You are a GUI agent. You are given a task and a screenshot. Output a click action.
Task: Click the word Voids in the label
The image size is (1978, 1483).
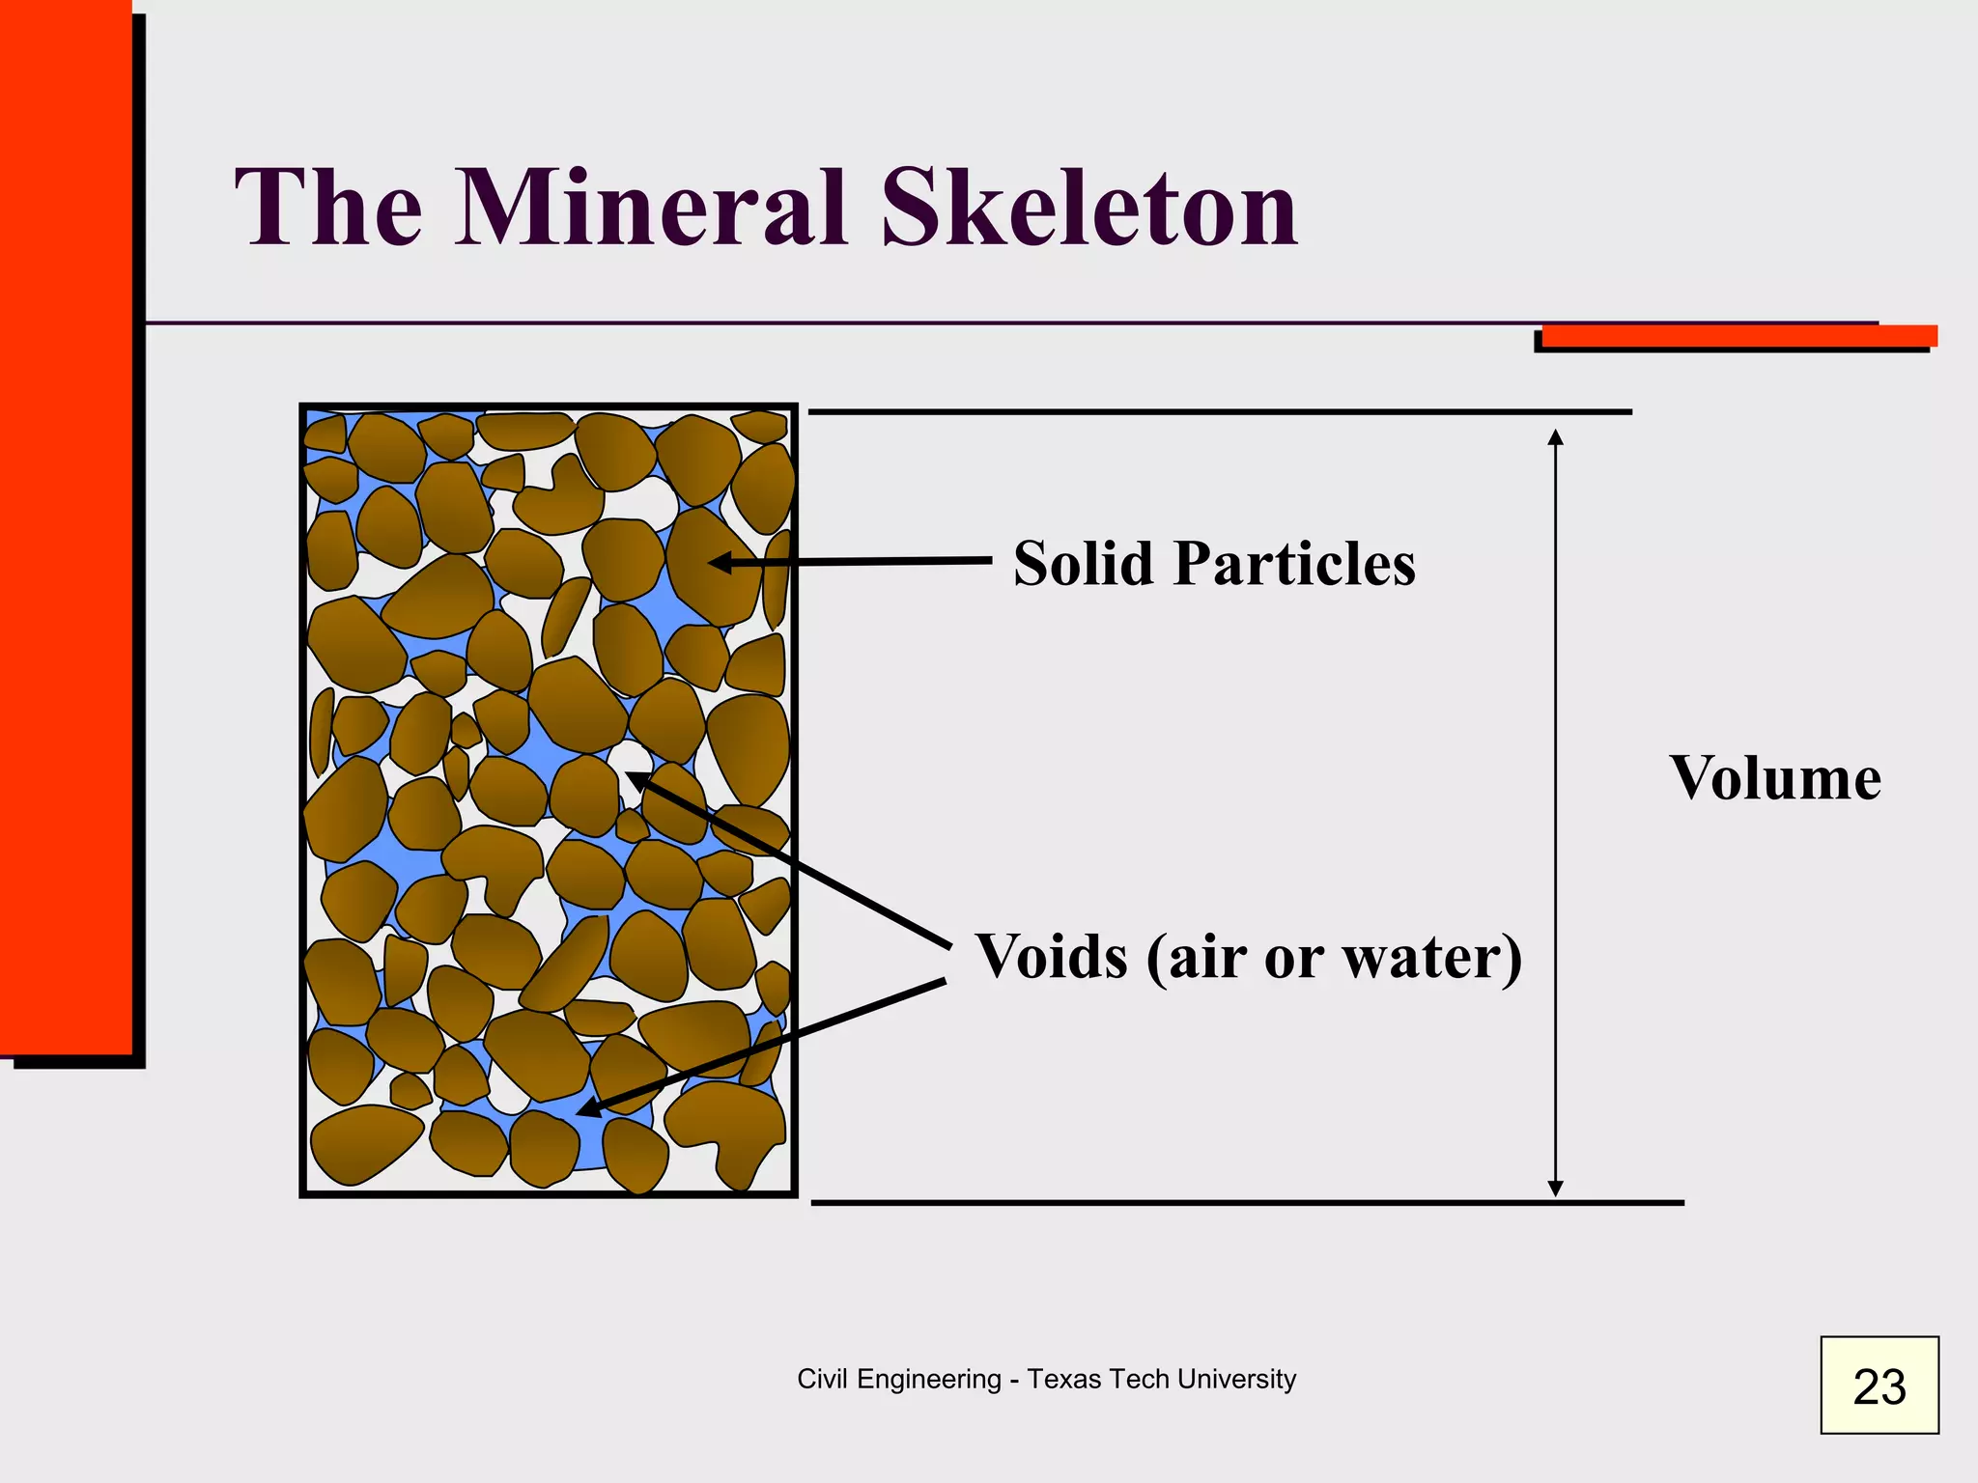coord(1051,958)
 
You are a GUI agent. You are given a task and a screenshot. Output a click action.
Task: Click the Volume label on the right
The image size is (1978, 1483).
coord(1775,778)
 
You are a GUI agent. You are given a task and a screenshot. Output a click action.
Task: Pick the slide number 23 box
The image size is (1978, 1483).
coord(1879,1385)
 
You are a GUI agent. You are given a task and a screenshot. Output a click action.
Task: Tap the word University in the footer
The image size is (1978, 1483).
coord(1239,1379)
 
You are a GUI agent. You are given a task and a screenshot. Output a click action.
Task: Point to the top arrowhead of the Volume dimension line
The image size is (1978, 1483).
coord(1555,436)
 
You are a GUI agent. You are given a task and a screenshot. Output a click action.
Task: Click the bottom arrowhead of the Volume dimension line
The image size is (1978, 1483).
coord(1555,1189)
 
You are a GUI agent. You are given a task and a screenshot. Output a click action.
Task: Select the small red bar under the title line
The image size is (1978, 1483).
coord(1738,336)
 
